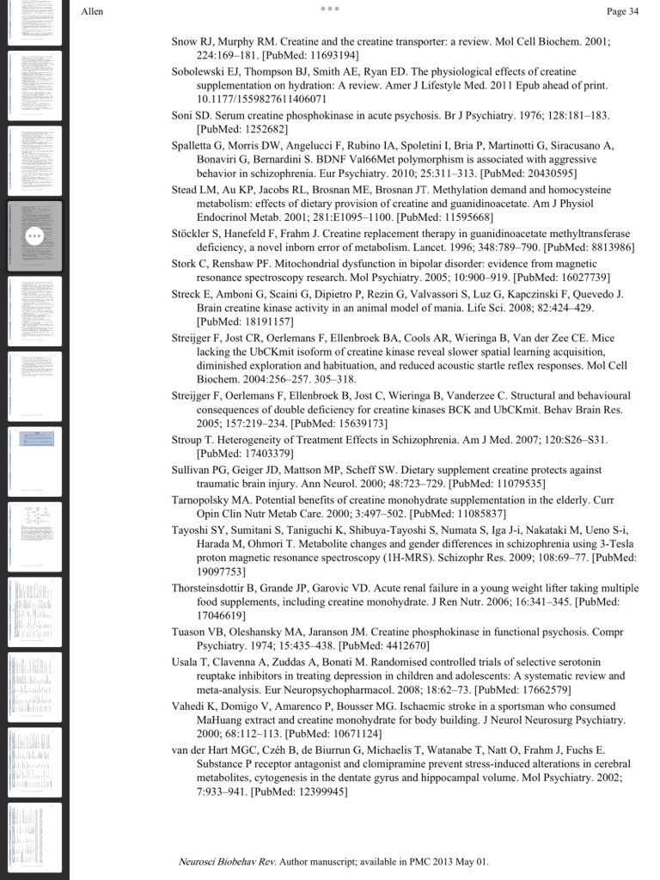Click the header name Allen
click(x=92, y=11)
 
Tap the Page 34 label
click(x=622, y=11)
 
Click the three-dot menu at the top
click(x=330, y=9)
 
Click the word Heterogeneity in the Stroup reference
click(x=260, y=440)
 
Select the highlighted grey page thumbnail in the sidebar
click(x=34, y=235)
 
